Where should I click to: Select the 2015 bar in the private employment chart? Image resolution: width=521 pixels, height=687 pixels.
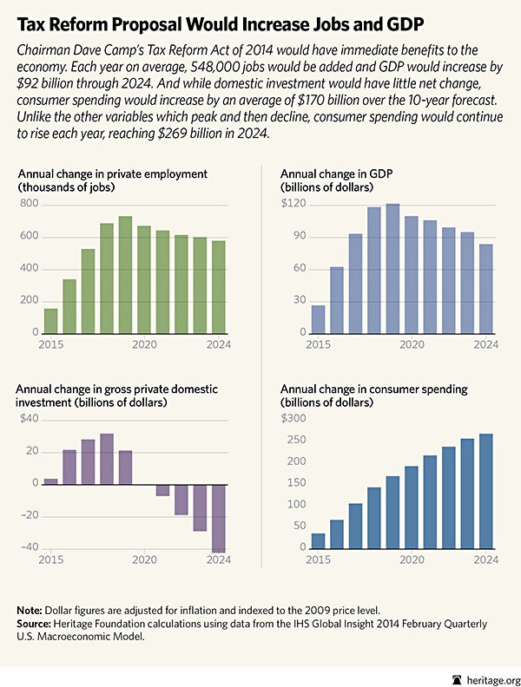click(x=50, y=321)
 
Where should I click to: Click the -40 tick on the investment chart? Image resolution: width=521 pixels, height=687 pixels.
click(x=28, y=547)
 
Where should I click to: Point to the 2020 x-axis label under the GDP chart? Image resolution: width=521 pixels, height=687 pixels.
click(x=410, y=345)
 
